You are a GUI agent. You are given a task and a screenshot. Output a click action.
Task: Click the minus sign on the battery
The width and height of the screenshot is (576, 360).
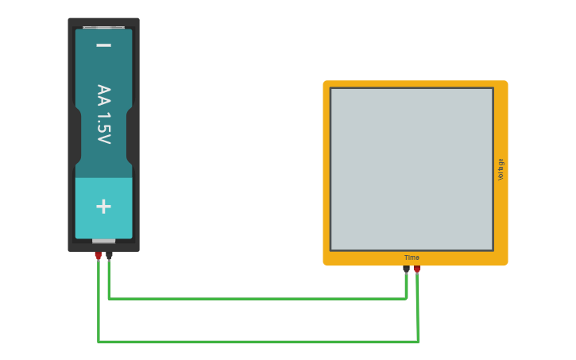click(103, 45)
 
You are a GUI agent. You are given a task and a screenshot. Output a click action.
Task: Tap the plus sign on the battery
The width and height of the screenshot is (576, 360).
click(103, 207)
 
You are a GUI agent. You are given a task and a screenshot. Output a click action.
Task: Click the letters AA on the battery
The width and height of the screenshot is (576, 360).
click(103, 95)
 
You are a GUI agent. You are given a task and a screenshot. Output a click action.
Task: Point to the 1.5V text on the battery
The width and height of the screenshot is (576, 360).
click(103, 128)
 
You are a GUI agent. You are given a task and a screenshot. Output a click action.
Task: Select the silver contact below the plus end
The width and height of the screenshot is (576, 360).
click(103, 240)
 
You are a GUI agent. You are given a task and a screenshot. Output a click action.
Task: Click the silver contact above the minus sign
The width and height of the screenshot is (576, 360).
click(103, 27)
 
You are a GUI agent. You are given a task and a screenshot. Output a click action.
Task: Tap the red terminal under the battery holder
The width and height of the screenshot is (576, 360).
click(98, 255)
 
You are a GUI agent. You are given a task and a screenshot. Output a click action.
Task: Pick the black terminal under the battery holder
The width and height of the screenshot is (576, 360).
click(109, 255)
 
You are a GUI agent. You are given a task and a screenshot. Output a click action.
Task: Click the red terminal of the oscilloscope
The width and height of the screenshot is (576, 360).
click(417, 269)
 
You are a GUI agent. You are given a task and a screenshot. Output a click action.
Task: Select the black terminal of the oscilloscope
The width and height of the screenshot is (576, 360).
click(406, 269)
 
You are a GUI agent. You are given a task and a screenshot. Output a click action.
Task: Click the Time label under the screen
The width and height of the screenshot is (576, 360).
click(412, 257)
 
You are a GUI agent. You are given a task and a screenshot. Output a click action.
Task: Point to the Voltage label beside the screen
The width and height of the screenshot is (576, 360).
click(501, 169)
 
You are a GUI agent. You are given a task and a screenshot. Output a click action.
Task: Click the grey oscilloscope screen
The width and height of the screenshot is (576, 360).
click(412, 168)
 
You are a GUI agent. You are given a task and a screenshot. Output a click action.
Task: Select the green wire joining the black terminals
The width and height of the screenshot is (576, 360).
click(254, 299)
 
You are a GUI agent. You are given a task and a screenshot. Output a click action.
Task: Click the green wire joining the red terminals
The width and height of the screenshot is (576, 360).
click(254, 342)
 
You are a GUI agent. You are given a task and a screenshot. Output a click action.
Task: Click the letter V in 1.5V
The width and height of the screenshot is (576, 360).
click(103, 139)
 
